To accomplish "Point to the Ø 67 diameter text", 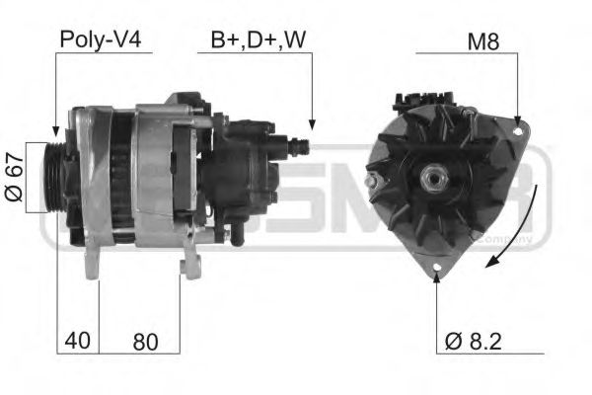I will (x=13, y=177).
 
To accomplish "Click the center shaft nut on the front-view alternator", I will (x=431, y=177).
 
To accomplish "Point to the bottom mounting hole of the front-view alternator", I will (x=435, y=266).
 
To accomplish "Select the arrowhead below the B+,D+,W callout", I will (x=311, y=125).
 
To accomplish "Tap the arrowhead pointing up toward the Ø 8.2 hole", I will (x=435, y=278).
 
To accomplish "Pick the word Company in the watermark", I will (x=503, y=238).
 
